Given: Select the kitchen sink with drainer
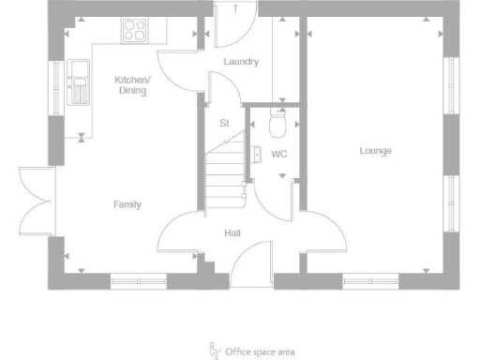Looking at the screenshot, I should [78, 82].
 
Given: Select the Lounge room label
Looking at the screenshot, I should [375, 151].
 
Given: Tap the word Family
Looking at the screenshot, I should [127, 203].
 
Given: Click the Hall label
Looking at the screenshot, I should [232, 232].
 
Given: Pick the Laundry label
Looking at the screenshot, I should [241, 62].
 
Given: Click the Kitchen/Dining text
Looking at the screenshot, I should [132, 85].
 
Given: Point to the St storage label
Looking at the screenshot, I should [224, 123].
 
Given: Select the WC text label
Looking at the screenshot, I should [278, 154].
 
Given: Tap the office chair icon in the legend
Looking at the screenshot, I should [213, 351].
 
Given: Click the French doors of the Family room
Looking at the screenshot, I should [36, 199].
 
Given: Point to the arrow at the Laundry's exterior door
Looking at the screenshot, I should [235, 8].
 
